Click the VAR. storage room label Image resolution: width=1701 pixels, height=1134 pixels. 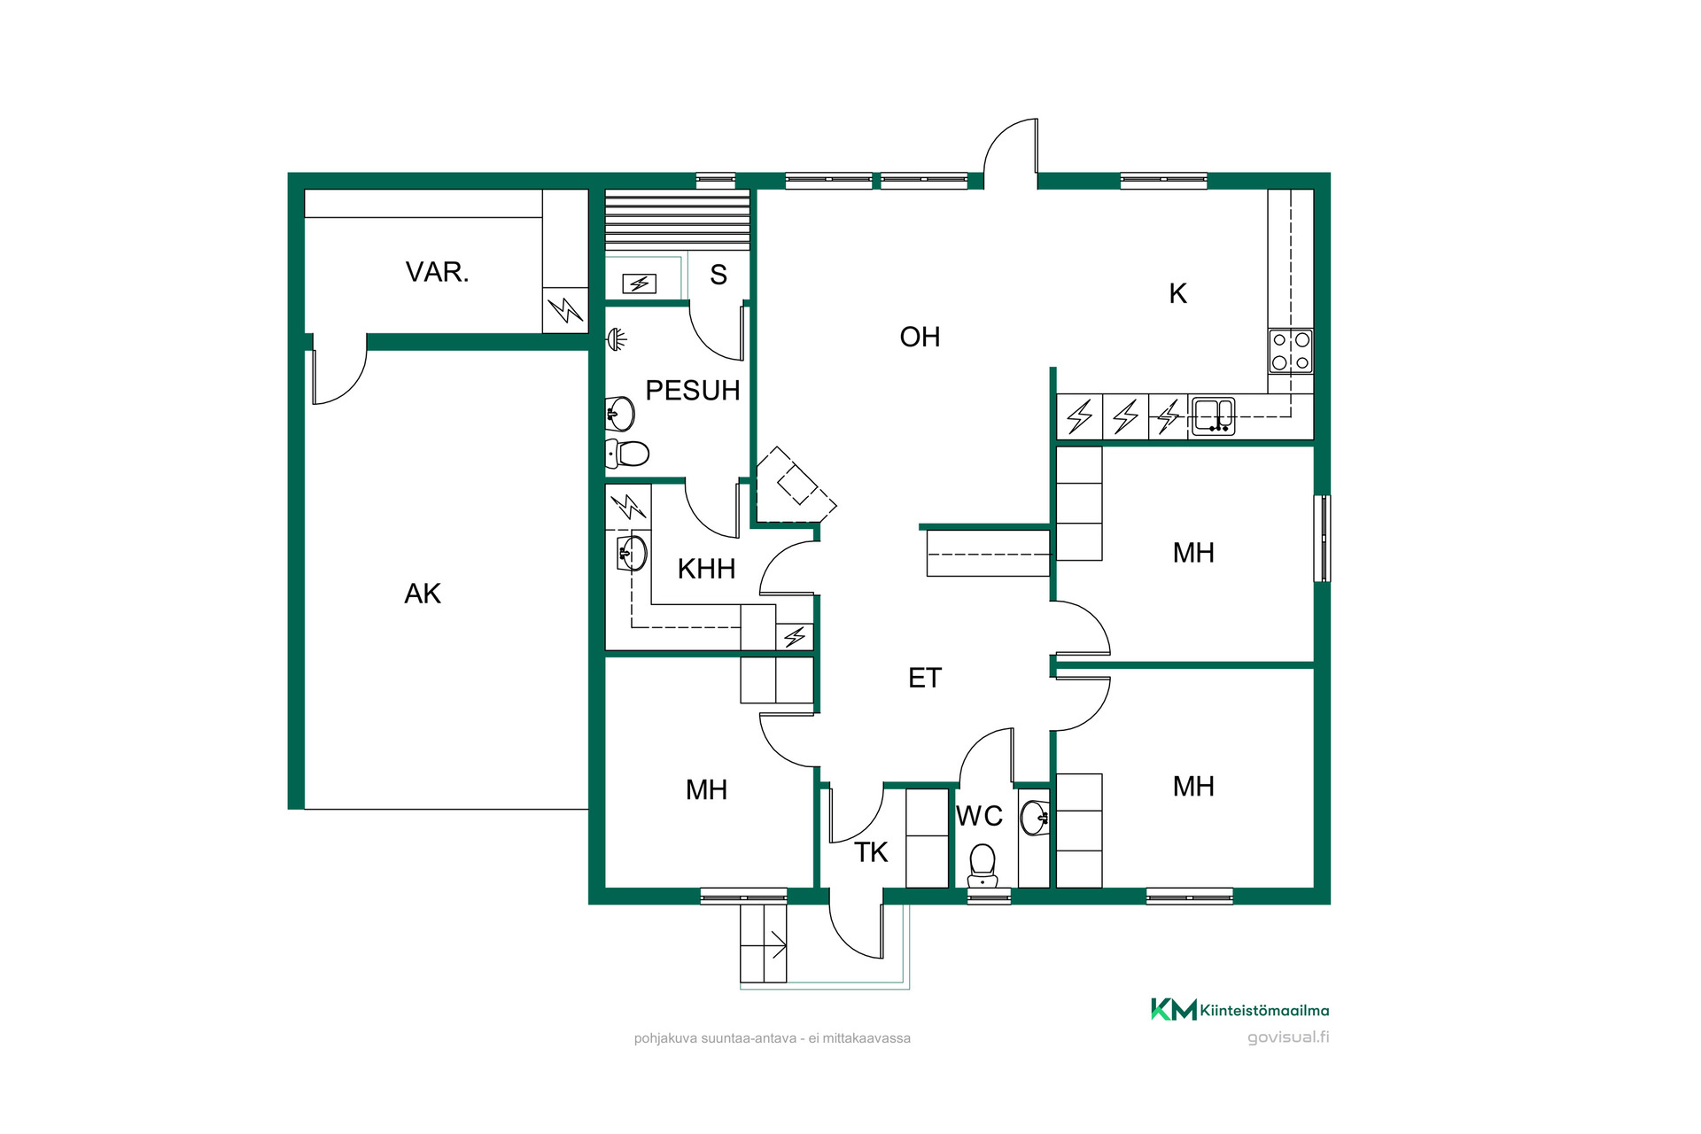pyautogui.click(x=437, y=272)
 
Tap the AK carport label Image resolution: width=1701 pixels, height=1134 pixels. pyautogui.click(x=423, y=594)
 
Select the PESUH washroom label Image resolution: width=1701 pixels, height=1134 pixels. pyautogui.click(x=692, y=391)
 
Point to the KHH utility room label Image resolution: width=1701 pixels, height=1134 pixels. pyautogui.click(x=706, y=569)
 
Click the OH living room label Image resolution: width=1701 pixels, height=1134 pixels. pyautogui.click(x=920, y=337)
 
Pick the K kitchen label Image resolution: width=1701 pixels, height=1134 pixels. pyautogui.click(x=1177, y=293)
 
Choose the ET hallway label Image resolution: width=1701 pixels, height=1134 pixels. pyautogui.click(x=925, y=678)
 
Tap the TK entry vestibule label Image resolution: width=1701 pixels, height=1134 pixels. pyautogui.click(x=871, y=852)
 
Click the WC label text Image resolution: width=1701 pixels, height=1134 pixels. pyautogui.click(x=979, y=816)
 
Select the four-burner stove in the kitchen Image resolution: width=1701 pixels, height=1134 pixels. pyautogui.click(x=1291, y=351)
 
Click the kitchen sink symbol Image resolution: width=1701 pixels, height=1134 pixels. pyautogui.click(x=1214, y=416)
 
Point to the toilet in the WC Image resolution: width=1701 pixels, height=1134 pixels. pyautogui.click(x=983, y=866)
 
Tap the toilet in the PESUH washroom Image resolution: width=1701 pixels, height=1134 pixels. pyautogui.click(x=627, y=454)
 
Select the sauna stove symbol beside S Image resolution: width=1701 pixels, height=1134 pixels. pyautogui.click(x=639, y=283)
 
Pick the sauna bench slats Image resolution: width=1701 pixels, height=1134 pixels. pyautogui.click(x=678, y=220)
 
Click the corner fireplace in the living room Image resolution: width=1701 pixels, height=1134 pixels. pyautogui.click(x=795, y=485)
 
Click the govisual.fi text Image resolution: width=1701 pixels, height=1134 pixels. pyautogui.click(x=1288, y=1037)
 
